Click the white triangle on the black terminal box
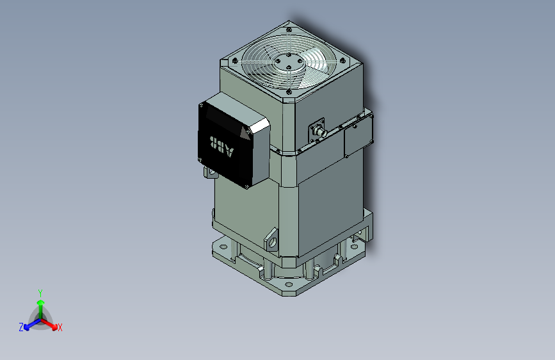click(244, 133)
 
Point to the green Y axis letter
click(40, 292)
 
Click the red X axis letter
click(60, 327)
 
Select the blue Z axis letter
click(21, 327)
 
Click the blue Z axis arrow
click(29, 324)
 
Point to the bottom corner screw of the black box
click(245, 185)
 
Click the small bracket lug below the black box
click(210, 172)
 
